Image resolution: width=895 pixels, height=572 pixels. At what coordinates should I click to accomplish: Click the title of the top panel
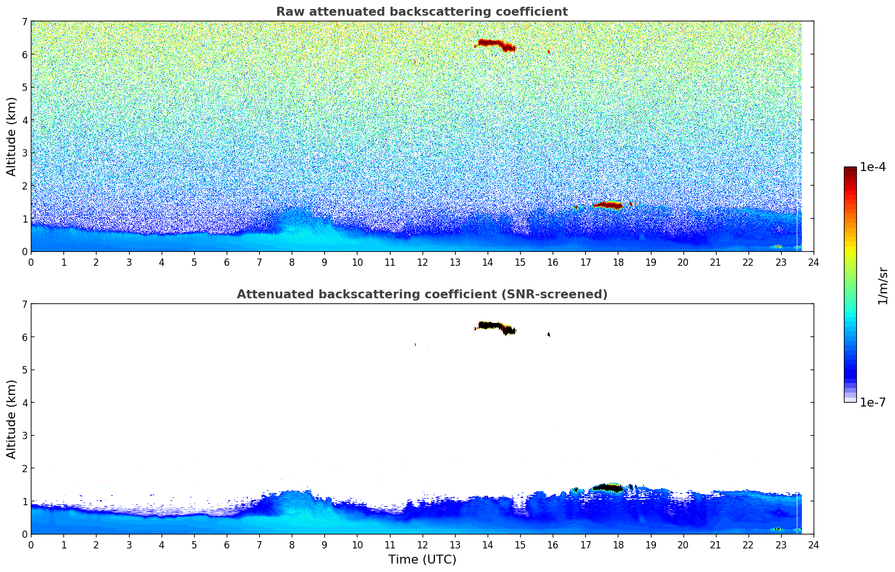pyautogui.click(x=421, y=12)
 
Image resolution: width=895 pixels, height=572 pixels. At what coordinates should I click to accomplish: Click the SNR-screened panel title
pyautogui.click(x=421, y=294)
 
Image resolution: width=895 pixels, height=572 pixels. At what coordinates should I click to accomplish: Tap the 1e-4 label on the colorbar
pyautogui.click(x=873, y=167)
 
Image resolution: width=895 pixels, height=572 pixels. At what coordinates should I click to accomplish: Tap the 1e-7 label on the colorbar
pyautogui.click(x=873, y=402)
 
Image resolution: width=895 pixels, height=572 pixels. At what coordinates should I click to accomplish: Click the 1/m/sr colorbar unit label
pyautogui.click(x=883, y=285)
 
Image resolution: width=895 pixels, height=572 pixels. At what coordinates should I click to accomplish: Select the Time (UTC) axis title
pyautogui.click(x=422, y=560)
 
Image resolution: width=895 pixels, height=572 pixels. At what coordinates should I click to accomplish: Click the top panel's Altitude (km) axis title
pyautogui.click(x=12, y=136)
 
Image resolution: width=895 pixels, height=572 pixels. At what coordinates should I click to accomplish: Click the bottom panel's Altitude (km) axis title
pyautogui.click(x=12, y=419)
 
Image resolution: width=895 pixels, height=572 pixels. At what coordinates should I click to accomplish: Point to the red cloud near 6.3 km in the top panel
pyautogui.click(x=492, y=43)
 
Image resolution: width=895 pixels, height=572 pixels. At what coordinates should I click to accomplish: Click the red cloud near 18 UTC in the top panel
pyautogui.click(x=608, y=205)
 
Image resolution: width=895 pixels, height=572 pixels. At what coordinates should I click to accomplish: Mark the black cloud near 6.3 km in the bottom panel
pyautogui.click(x=492, y=326)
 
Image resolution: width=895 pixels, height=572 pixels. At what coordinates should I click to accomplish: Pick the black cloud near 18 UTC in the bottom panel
pyautogui.click(x=608, y=487)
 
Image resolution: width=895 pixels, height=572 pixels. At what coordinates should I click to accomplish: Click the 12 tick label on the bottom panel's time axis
pyautogui.click(x=422, y=545)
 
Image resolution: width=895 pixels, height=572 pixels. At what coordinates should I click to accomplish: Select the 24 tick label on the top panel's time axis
pyautogui.click(x=813, y=262)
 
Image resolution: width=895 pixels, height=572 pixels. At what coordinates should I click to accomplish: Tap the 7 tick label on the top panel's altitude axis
pyautogui.click(x=24, y=22)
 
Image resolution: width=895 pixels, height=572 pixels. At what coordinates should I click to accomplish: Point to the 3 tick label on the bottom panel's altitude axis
pyautogui.click(x=24, y=436)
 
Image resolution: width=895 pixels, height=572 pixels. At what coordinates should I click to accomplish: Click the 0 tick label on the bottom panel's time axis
pyautogui.click(x=31, y=545)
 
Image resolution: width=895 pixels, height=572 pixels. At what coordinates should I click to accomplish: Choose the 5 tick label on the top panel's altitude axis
pyautogui.click(x=24, y=87)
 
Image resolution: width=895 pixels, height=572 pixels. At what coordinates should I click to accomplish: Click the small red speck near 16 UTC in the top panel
pyautogui.click(x=548, y=52)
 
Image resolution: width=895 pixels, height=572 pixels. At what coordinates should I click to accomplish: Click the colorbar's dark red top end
pyautogui.click(x=850, y=169)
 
